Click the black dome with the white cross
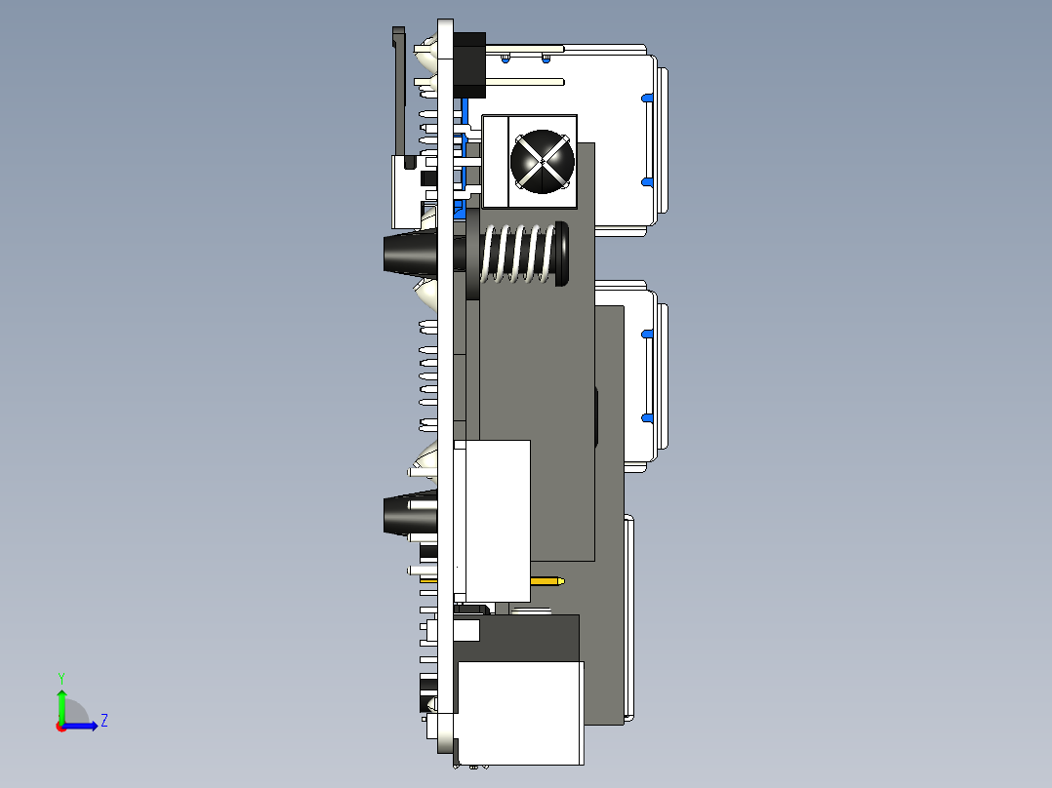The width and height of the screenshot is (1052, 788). [540, 161]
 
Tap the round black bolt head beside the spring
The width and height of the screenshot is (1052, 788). [561, 255]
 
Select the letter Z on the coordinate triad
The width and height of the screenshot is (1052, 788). [103, 721]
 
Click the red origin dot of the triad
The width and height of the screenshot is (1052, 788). [61, 726]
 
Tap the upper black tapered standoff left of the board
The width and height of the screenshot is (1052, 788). [408, 254]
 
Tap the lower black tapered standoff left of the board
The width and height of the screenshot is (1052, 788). [408, 514]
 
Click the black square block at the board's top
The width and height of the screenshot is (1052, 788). [470, 64]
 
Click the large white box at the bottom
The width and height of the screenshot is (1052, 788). [519, 712]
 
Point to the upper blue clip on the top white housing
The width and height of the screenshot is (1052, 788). [645, 98]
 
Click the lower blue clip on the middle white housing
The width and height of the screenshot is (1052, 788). [645, 417]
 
